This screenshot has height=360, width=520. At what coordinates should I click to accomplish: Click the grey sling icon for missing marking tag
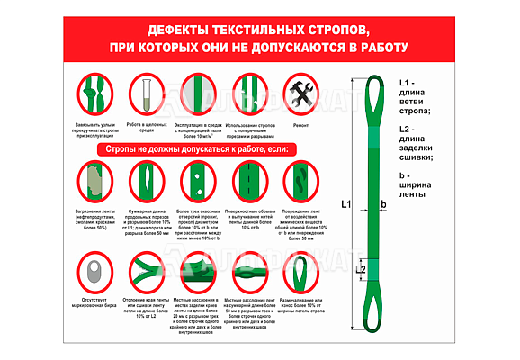[92, 271]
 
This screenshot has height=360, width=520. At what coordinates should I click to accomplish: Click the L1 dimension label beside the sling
[346, 205]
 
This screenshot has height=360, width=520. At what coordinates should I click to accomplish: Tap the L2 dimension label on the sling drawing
[361, 269]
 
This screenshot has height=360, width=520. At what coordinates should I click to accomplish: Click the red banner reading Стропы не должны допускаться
[197, 148]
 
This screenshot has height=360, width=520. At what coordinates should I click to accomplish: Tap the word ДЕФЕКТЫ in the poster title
[178, 29]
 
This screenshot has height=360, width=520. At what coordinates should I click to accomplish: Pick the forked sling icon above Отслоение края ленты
[143, 271]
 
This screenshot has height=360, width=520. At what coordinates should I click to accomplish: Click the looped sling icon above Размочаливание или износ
[302, 271]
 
